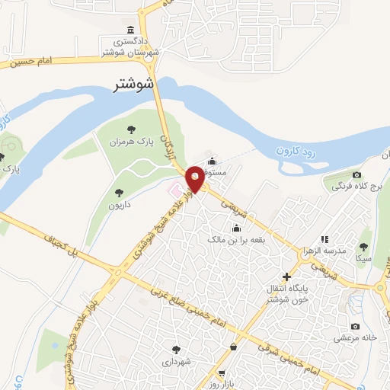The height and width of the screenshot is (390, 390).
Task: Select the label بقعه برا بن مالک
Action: click(x=236, y=239)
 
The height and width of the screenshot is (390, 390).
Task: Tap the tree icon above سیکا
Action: click(x=363, y=247)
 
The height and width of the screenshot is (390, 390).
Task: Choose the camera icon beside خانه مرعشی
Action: click(x=355, y=327)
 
